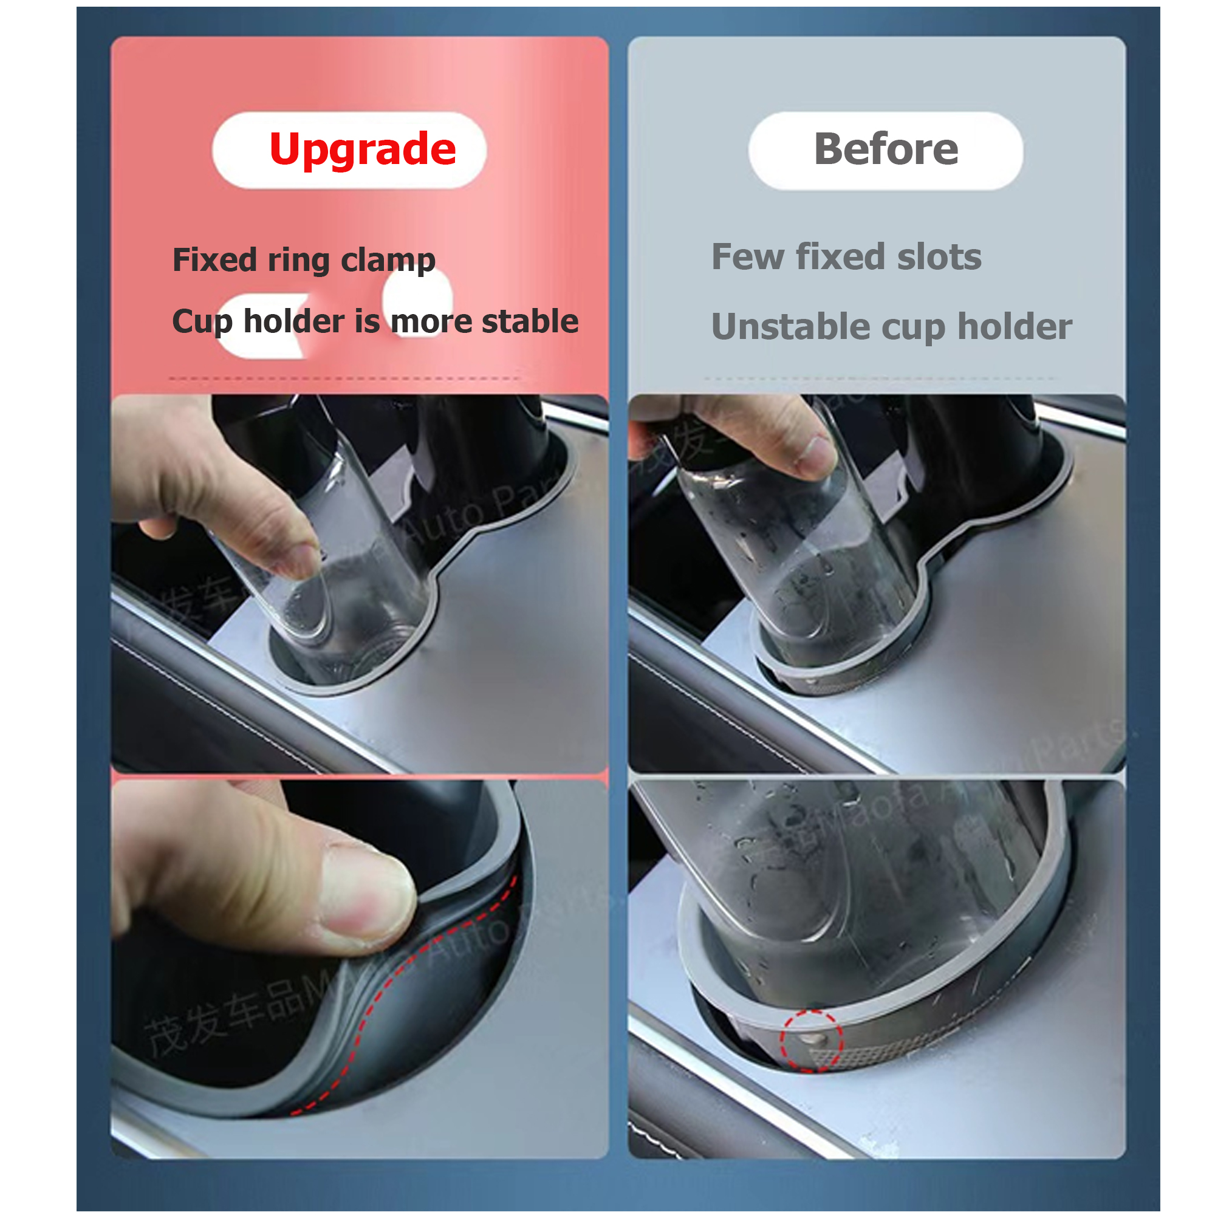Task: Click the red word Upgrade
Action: click(x=362, y=149)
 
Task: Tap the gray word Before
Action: click(x=886, y=149)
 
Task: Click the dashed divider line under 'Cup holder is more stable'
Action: click(x=344, y=378)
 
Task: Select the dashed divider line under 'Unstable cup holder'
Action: click(x=878, y=378)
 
